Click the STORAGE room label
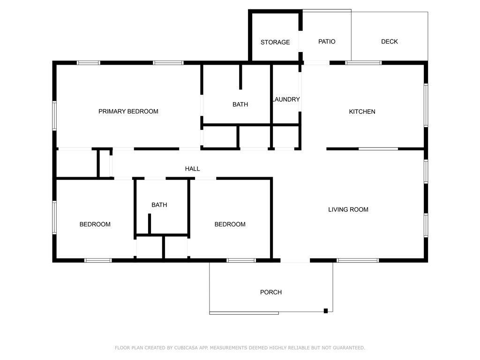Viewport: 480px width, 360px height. pyautogui.click(x=275, y=42)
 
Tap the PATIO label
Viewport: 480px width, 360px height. pyautogui.click(x=327, y=41)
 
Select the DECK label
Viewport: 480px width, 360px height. pyautogui.click(x=389, y=41)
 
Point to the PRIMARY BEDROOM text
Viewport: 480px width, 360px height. pyautogui.click(x=128, y=112)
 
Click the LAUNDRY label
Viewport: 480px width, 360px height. pyautogui.click(x=285, y=99)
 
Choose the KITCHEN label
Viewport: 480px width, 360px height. pyautogui.click(x=362, y=112)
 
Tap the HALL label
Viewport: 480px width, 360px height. pyautogui.click(x=192, y=169)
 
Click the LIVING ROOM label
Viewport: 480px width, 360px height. pyautogui.click(x=348, y=210)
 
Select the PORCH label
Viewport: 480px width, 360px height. pyautogui.click(x=271, y=292)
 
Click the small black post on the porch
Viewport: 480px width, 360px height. pyautogui.click(x=326, y=310)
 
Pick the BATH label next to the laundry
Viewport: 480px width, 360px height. pyautogui.click(x=240, y=105)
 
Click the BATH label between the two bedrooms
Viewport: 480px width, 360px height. pyautogui.click(x=159, y=205)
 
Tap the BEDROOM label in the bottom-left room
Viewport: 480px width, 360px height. pyautogui.click(x=95, y=225)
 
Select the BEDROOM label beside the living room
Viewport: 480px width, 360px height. pyautogui.click(x=230, y=225)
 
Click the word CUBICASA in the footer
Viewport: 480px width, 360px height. pyautogui.click(x=185, y=348)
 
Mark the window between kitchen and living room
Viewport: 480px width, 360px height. pyautogui.click(x=378, y=149)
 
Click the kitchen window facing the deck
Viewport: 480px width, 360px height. pyautogui.click(x=363, y=62)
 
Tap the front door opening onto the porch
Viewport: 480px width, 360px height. pyautogui.click(x=295, y=261)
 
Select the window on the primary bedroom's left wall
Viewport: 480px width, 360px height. pyautogui.click(x=54, y=116)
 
